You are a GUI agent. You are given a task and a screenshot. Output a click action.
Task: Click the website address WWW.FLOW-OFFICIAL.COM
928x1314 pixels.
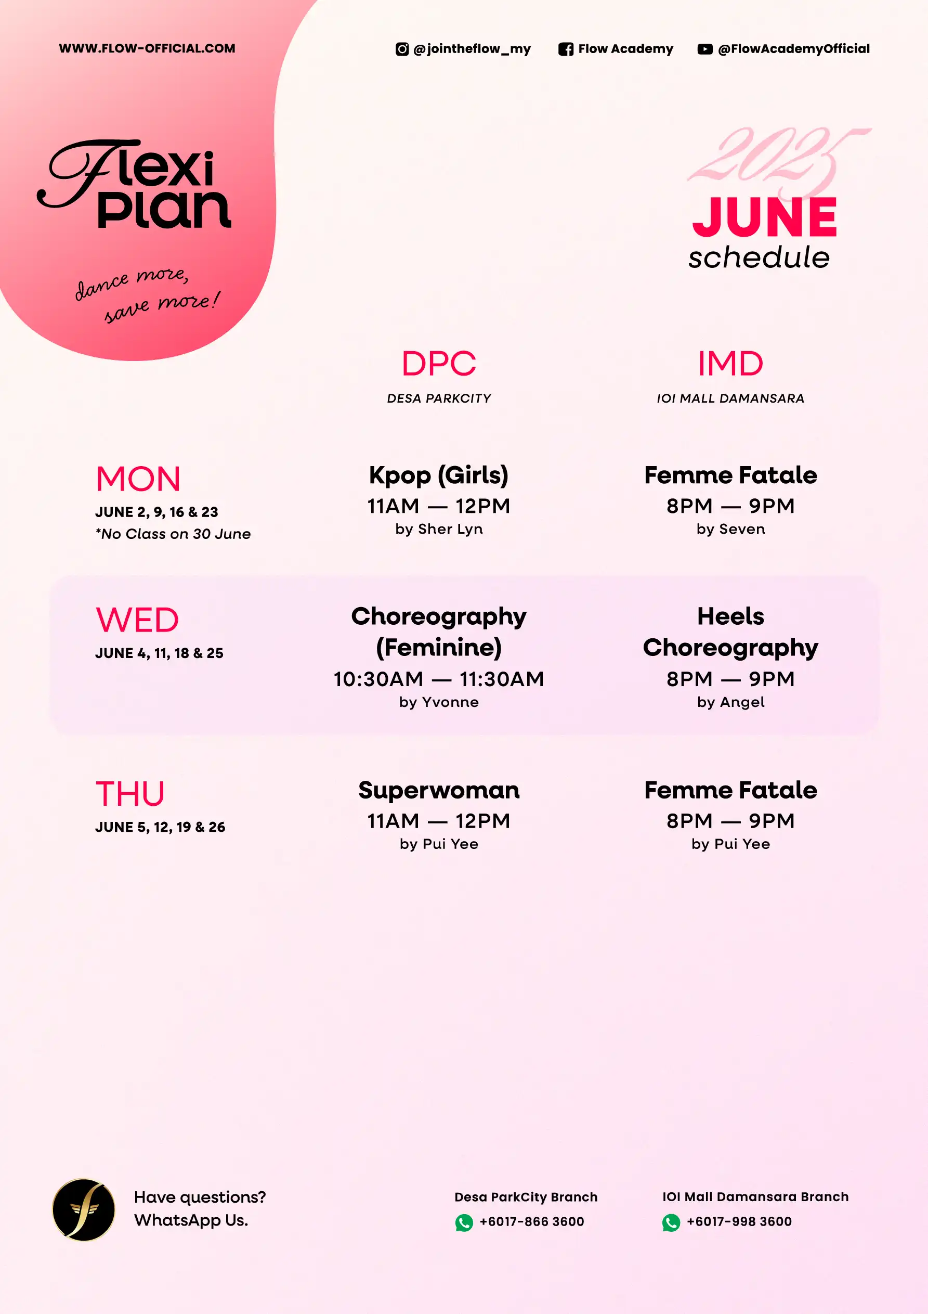coord(147,48)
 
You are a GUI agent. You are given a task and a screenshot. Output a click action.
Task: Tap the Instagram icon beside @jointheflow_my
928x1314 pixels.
coord(402,49)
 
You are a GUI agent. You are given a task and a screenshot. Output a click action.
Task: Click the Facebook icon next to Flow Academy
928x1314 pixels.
coord(565,49)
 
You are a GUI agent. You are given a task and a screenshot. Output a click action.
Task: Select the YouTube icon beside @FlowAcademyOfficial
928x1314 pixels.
coord(705,49)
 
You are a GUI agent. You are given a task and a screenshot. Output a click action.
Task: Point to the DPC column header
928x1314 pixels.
coord(439,364)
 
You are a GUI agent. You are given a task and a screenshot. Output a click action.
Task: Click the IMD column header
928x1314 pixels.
coord(730,364)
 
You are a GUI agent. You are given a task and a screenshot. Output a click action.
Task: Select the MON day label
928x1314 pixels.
coord(138,479)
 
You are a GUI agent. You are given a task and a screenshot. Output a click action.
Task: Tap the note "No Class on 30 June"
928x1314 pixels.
coord(173,534)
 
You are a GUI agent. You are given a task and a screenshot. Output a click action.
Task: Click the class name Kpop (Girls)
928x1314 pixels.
coord(439,475)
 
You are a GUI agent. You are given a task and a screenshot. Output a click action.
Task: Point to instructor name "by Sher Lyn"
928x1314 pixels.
coord(439,530)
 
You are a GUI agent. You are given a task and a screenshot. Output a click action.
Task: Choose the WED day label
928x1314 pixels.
coord(137,620)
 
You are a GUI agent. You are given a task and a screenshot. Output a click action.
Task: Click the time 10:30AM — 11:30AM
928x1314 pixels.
coord(439,679)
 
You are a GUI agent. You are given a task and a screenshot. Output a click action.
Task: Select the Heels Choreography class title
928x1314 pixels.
coord(730,632)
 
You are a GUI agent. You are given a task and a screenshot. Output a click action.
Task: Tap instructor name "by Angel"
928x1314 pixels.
coord(730,702)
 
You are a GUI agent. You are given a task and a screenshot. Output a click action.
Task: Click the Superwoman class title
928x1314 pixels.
coord(439,790)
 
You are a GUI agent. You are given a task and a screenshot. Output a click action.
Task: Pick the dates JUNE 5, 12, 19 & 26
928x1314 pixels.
coord(160,827)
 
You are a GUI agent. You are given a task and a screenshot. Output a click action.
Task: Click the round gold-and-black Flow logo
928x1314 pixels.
coord(84,1210)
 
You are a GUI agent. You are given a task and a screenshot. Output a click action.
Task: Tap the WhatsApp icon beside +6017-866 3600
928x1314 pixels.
coord(464,1222)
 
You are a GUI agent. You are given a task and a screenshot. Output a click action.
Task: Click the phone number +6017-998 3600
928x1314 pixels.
coord(739,1221)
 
